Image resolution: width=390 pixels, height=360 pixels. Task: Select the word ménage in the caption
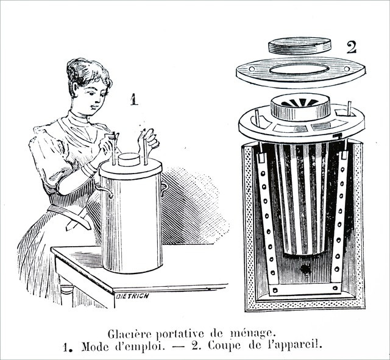click(252, 334)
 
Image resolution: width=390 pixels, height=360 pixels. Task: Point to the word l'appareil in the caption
click(295, 345)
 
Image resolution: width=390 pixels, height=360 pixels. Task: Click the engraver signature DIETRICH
click(132, 296)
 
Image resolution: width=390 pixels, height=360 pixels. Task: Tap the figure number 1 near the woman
click(134, 99)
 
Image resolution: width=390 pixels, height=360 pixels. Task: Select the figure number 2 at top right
click(352, 48)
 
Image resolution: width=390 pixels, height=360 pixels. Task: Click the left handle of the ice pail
click(104, 190)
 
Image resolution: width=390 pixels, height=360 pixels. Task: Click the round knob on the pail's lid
click(129, 160)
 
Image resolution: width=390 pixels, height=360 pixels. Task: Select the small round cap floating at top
click(300, 46)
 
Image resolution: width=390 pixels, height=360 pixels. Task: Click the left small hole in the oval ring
click(252, 69)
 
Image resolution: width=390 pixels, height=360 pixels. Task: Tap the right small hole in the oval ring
click(347, 69)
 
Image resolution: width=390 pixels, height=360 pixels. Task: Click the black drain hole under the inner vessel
click(305, 269)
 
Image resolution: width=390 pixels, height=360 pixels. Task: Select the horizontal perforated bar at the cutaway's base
click(305, 289)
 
